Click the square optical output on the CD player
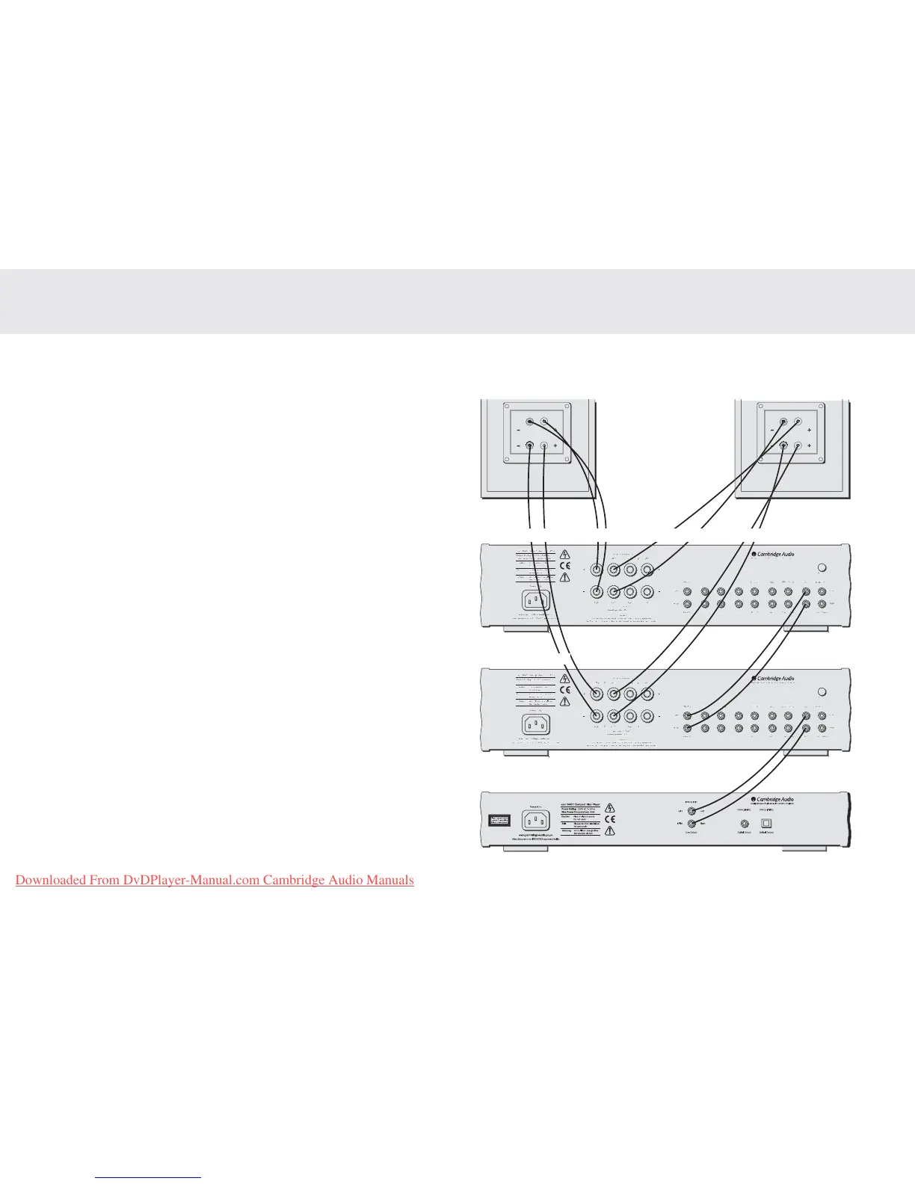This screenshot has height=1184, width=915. point(765,822)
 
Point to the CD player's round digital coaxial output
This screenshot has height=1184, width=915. point(744,822)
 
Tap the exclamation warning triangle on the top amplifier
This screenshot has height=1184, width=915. point(565,578)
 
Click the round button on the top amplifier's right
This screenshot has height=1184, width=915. point(823,567)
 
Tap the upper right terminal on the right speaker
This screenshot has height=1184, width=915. point(798,422)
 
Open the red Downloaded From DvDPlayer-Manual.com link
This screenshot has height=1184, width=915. point(215,880)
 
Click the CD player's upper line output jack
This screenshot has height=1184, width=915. point(691,811)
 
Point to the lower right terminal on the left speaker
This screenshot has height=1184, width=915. point(544,446)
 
